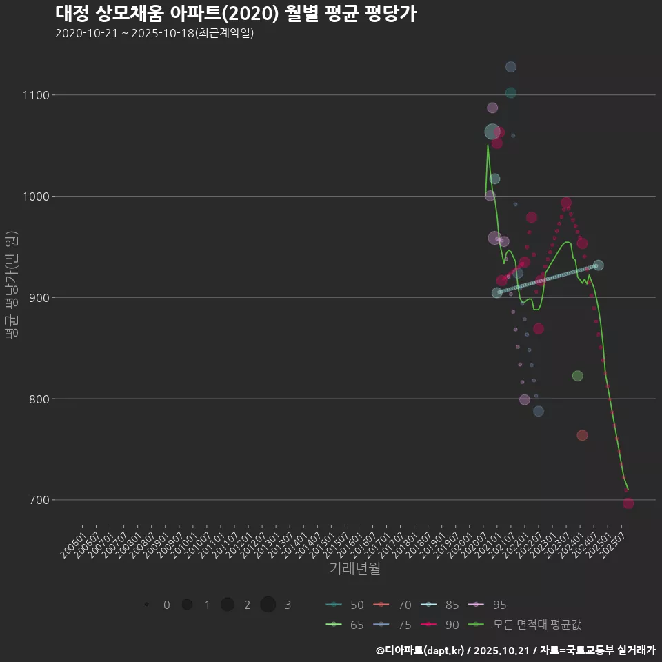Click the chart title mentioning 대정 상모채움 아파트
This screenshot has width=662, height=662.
pos(235,13)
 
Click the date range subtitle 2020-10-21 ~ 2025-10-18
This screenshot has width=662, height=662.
pos(154,33)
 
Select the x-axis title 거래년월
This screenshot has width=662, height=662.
pos(355,569)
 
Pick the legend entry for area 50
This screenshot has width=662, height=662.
pos(345,605)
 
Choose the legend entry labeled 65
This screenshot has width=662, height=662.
pos(345,624)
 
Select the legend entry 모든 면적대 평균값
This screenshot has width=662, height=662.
pos(528,624)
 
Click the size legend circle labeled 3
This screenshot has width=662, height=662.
pos(268,605)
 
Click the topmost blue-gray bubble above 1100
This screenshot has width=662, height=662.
pos(511,67)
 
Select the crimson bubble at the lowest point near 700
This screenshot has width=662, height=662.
pos(628,503)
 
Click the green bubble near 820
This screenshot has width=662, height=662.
pos(577,376)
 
